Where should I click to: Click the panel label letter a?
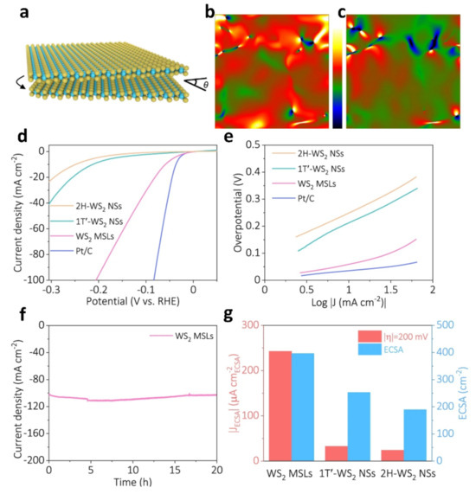[10, 10]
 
